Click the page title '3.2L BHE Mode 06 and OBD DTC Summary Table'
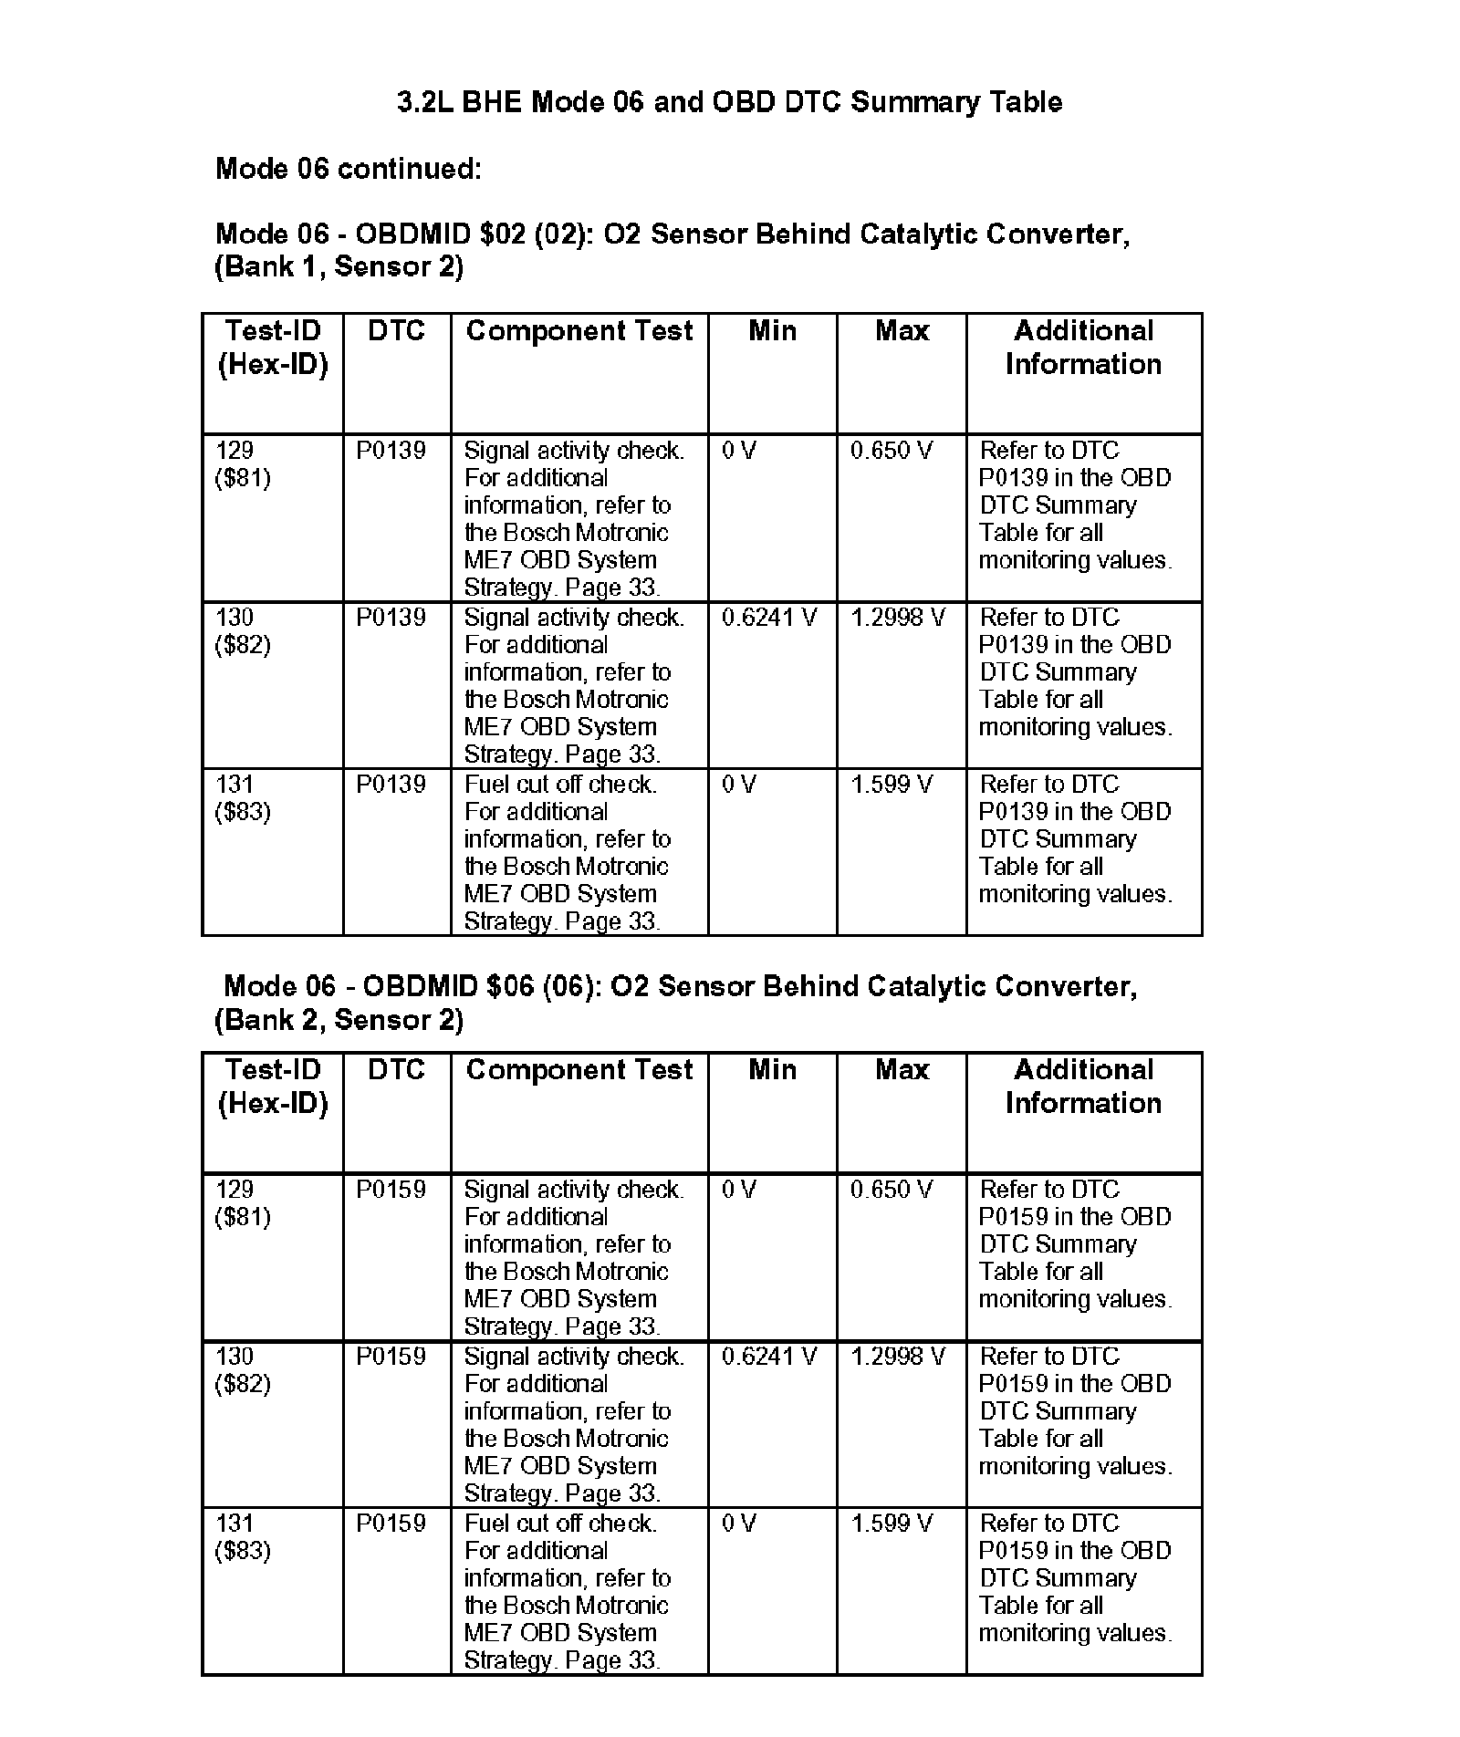point(729,101)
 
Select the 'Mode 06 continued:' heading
point(348,169)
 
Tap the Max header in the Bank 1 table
point(902,331)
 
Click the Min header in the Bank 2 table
point(772,1070)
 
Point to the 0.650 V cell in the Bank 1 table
point(892,451)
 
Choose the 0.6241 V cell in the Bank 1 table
point(769,618)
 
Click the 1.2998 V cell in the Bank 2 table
point(898,1357)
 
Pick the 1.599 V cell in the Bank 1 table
point(892,785)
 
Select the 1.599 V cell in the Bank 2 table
point(892,1524)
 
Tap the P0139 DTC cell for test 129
point(391,451)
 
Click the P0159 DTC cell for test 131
point(391,1524)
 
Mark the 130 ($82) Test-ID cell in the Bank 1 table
point(243,631)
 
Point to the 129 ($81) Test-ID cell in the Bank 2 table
point(243,1202)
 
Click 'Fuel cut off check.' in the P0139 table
point(560,785)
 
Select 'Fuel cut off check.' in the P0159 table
point(560,1524)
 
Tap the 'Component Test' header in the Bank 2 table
point(579,1070)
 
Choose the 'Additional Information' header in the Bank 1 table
point(1083,348)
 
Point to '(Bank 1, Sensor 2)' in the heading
point(339,267)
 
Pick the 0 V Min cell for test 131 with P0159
point(739,1524)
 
